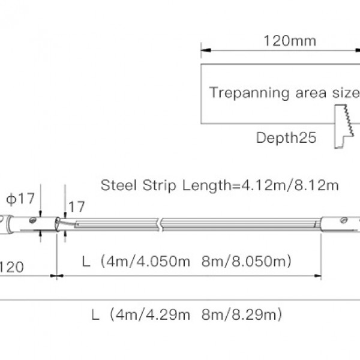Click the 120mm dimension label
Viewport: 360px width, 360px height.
tap(290, 41)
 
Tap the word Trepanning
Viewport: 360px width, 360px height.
tap(249, 93)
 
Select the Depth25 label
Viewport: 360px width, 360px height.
tap(286, 138)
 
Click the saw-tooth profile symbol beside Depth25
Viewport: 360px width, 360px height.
tap(343, 126)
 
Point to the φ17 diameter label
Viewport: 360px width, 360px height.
tap(20, 199)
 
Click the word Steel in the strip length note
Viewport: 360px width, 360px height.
tap(119, 185)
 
